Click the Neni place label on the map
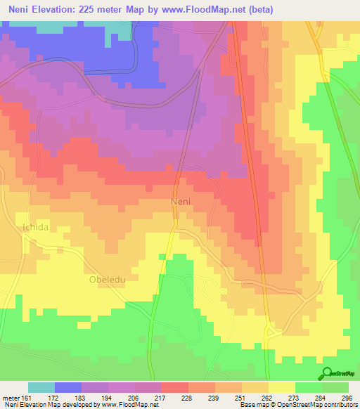point(181,202)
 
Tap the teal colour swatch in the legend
point(41,387)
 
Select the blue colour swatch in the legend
point(68,387)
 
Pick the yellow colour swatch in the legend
point(281,387)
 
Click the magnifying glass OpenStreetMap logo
point(326,373)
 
